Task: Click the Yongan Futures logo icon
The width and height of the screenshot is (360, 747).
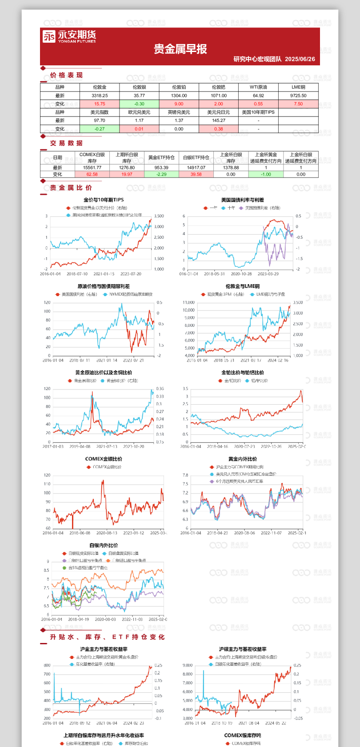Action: click(x=49, y=36)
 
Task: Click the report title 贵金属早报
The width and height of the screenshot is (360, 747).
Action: click(x=180, y=49)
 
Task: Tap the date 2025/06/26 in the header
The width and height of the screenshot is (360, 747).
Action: click(x=300, y=59)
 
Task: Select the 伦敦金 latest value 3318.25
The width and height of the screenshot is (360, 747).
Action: click(x=100, y=96)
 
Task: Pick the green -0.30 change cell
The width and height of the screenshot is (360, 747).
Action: click(x=139, y=104)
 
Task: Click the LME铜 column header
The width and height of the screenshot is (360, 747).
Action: click(x=298, y=87)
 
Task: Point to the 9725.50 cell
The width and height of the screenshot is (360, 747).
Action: click(x=298, y=96)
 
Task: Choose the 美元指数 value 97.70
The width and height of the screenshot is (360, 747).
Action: click(x=100, y=120)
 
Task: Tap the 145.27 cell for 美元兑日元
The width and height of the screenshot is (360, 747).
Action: click(x=219, y=120)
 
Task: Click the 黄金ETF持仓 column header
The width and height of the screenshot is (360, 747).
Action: click(x=161, y=157)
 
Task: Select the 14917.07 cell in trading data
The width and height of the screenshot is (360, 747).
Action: click(x=196, y=168)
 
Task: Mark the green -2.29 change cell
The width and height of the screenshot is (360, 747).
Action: click(x=161, y=174)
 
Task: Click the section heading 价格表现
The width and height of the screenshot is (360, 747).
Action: click(x=66, y=75)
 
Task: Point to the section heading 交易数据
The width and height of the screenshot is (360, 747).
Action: click(x=66, y=143)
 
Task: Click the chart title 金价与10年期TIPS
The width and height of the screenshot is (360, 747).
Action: click(x=104, y=200)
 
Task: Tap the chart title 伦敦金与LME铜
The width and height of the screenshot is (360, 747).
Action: click(x=242, y=286)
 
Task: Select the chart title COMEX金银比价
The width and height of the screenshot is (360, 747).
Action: click(x=104, y=459)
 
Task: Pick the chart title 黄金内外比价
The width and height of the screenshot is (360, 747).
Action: click(x=242, y=459)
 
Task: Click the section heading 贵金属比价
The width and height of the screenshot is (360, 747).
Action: click(x=71, y=188)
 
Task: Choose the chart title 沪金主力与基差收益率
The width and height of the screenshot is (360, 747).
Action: click(x=104, y=649)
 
